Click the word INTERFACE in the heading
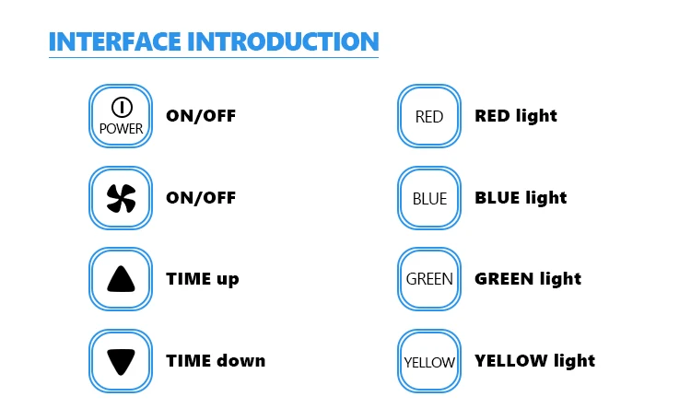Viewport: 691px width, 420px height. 114,41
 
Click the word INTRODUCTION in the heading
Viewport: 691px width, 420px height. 283,41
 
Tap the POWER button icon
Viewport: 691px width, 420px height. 121,116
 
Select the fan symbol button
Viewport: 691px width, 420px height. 121,198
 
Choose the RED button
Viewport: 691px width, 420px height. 429,116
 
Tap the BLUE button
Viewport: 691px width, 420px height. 429,198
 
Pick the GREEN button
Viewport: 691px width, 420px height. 429,279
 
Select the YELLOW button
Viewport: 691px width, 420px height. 429,361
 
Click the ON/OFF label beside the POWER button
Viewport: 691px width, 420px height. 201,116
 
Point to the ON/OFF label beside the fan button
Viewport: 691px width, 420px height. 201,198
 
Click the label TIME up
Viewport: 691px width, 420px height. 203,279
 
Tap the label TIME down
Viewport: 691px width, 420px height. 216,361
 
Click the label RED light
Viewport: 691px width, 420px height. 516,116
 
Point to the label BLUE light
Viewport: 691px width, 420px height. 521,198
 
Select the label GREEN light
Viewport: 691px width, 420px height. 528,279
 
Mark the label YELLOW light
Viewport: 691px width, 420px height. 535,361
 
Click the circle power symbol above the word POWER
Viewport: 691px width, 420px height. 122,107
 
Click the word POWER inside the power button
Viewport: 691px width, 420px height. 122,129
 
